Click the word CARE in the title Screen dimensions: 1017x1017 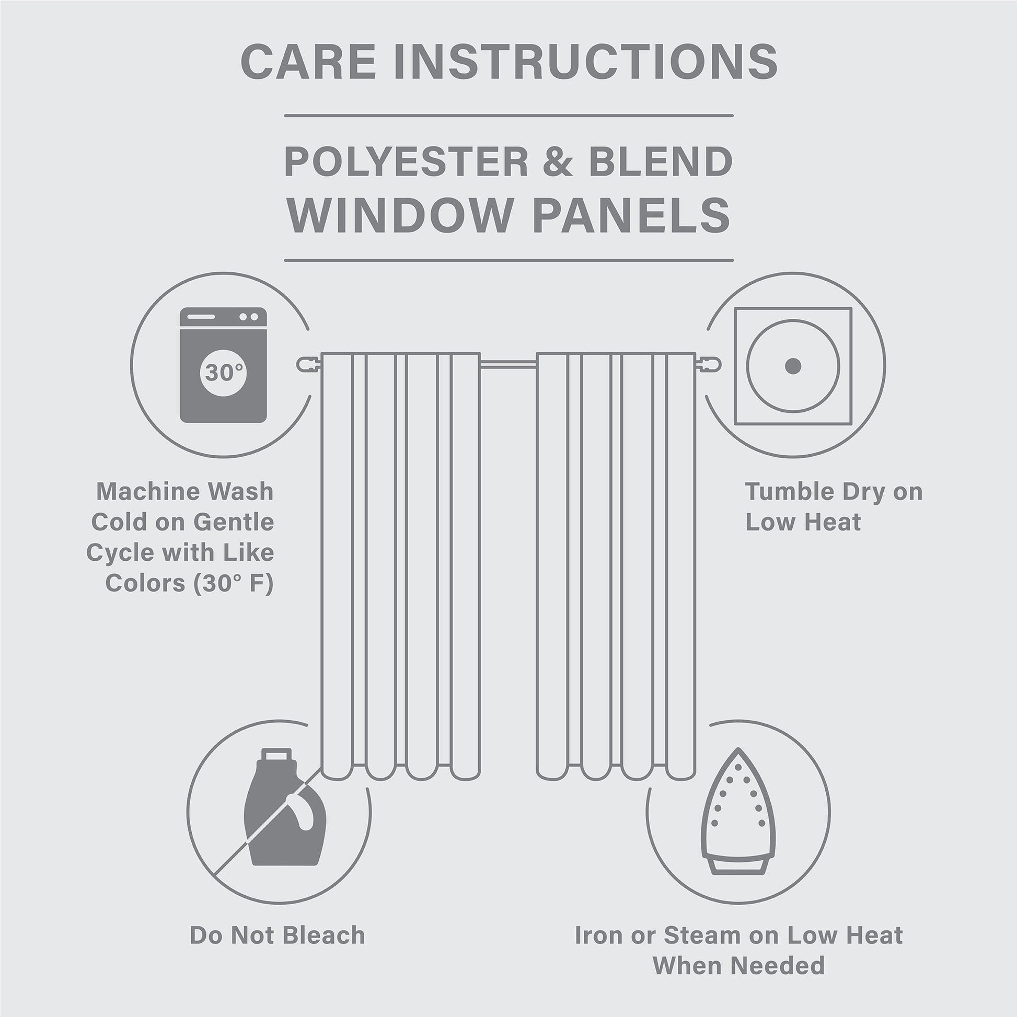(308, 62)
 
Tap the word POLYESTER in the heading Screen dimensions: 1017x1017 (406, 161)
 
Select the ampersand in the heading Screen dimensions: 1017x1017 (558, 161)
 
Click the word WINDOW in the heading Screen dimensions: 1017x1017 (399, 215)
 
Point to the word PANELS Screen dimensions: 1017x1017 (632, 215)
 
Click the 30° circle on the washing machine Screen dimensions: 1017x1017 (223, 372)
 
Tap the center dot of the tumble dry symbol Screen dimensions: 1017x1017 (793, 366)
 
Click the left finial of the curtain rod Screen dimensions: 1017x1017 (307, 364)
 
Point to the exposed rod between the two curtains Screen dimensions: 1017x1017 (508, 363)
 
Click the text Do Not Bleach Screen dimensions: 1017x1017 (277, 935)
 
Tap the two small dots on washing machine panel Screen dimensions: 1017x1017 (248, 317)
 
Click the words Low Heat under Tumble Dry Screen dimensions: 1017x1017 (803, 522)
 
